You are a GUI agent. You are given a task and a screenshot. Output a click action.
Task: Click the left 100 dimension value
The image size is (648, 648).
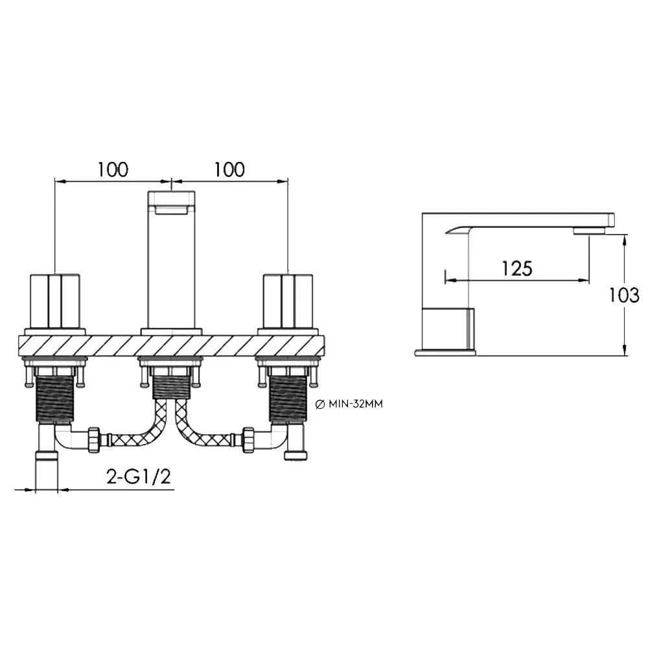click(113, 169)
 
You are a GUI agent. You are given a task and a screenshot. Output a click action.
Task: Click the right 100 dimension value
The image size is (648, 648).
click(229, 169)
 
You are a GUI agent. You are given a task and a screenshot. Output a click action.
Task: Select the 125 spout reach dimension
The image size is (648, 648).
click(517, 269)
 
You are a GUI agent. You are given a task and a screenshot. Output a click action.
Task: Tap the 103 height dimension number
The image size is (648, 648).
click(624, 295)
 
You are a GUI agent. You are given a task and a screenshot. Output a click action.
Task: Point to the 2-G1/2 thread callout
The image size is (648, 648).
click(139, 477)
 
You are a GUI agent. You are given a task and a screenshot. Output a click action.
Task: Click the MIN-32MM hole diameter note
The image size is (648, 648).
click(356, 404)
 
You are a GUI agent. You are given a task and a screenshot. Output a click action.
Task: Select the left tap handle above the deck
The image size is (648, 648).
click(55, 301)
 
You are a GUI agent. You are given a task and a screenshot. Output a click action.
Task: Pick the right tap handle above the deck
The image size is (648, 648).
click(288, 301)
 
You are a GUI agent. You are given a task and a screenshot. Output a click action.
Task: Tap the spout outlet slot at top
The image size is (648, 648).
click(172, 210)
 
